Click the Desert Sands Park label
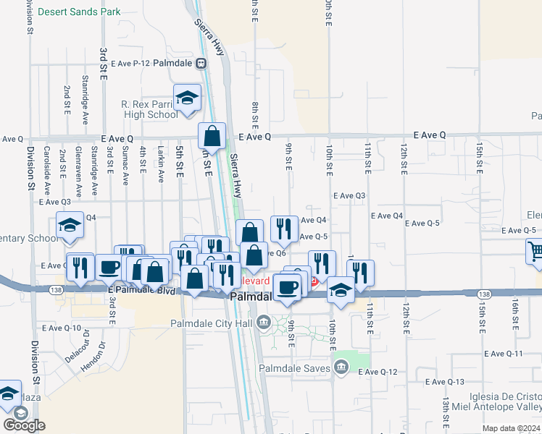pos(79,12)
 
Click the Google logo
pos(24,425)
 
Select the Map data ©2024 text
pos(510,428)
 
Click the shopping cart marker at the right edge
pos(535,252)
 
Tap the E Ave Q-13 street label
pos(444,381)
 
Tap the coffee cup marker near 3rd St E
pos(109,268)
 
